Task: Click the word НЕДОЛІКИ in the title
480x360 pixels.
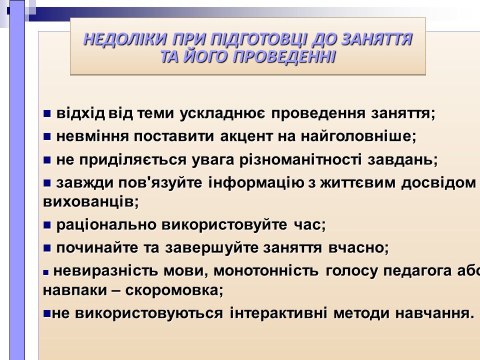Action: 125,39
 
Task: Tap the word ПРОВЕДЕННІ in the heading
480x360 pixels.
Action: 284,56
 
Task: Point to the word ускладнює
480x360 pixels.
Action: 222,113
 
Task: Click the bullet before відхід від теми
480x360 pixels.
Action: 47,114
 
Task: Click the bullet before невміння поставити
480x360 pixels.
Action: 47,136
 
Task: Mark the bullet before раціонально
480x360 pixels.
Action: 47,225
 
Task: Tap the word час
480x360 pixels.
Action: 307,225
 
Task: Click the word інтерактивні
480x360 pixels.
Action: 278,313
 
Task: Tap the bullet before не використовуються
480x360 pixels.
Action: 47,313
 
